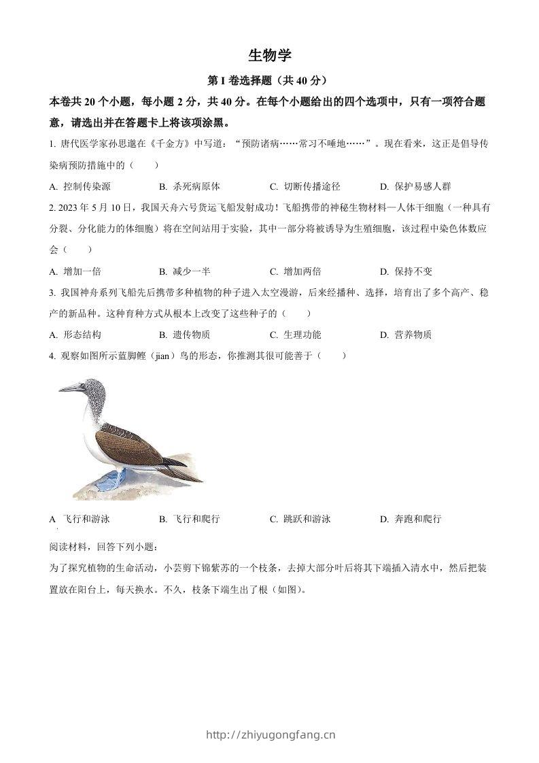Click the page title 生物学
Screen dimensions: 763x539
(x=270, y=56)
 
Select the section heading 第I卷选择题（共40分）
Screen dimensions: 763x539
(x=270, y=81)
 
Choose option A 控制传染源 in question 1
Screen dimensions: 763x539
(x=81, y=186)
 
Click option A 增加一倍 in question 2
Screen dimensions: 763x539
(x=76, y=271)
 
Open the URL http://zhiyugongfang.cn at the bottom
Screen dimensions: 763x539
(x=270, y=734)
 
